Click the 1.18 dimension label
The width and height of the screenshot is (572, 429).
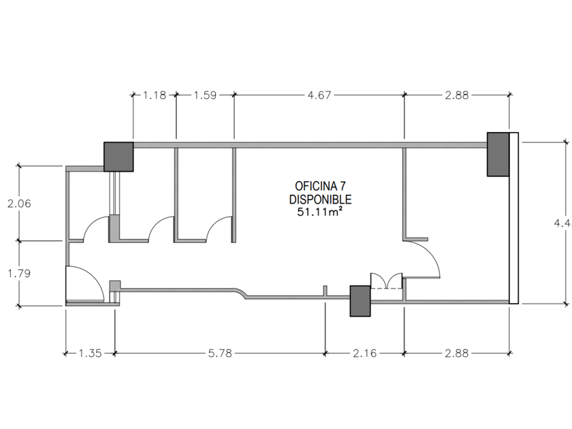tap(155, 95)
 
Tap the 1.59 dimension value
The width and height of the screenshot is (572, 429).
tap(205, 95)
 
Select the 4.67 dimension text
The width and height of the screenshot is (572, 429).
tap(319, 95)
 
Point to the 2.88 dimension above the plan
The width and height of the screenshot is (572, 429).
tap(456, 95)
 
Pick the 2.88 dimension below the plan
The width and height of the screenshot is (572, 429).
tap(456, 353)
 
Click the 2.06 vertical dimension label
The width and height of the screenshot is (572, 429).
tap(19, 203)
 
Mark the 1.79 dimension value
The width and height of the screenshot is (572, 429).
tap(19, 272)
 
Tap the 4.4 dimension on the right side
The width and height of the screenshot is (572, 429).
tap(560, 222)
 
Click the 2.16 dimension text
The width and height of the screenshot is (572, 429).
tap(366, 353)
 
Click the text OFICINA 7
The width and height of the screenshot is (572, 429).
tap(321, 186)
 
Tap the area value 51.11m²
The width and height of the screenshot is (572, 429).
tap(320, 212)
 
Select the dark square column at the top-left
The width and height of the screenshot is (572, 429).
tap(118, 157)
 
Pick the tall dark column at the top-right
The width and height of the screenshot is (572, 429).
tap(498, 154)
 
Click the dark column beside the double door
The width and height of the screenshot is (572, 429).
tap(360, 301)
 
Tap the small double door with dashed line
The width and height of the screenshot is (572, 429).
tap(386, 281)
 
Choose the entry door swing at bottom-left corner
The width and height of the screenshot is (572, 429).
tap(84, 283)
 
